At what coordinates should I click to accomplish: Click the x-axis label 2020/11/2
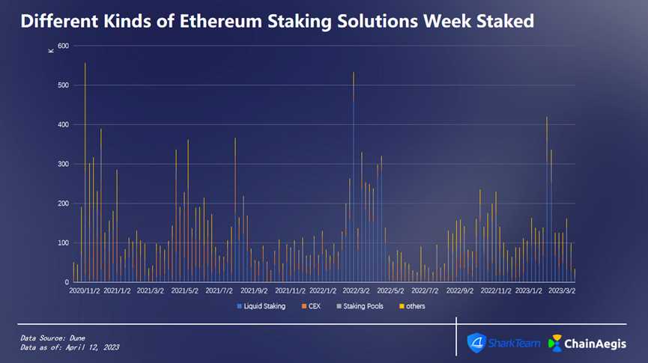point(84,290)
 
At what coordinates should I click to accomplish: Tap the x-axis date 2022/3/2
point(356,290)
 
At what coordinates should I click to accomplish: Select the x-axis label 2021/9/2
point(253,290)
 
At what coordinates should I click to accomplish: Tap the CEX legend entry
point(313,306)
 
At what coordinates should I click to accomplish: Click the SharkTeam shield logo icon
point(476,342)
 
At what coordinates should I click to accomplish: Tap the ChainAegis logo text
point(596,343)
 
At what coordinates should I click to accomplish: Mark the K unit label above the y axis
point(51,50)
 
